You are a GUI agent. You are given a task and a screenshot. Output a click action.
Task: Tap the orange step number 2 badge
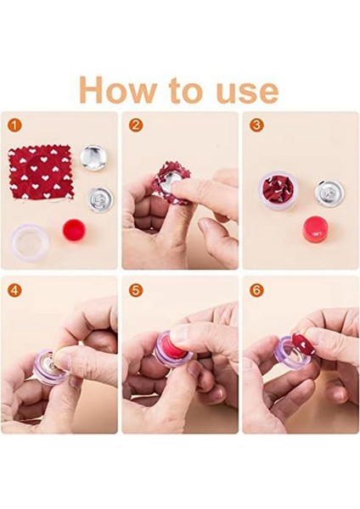pos(134,126)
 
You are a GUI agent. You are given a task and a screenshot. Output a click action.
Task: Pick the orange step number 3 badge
pos(256,126)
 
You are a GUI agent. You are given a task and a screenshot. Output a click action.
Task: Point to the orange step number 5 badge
pos(134,290)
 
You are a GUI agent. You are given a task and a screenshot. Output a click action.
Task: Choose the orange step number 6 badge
pos(256,290)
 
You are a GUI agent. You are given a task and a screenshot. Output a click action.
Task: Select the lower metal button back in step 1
pos(101,199)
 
